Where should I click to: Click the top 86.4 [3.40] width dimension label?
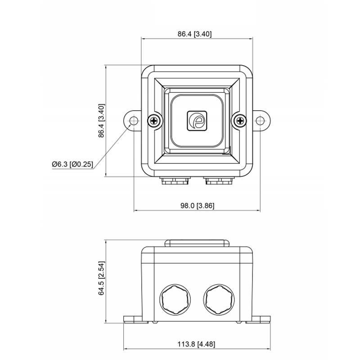click(x=194, y=34)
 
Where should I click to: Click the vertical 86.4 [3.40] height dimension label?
click(x=101, y=121)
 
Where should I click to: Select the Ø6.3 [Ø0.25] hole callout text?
click(x=72, y=164)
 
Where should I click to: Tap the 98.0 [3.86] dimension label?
click(x=197, y=206)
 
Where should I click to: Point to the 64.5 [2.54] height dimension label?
click(x=101, y=278)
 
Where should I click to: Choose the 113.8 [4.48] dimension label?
click(x=196, y=344)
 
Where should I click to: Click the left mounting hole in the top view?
click(x=134, y=121)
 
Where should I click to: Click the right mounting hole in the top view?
click(x=260, y=121)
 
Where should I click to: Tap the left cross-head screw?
click(x=154, y=121)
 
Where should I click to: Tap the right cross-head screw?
click(x=240, y=121)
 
